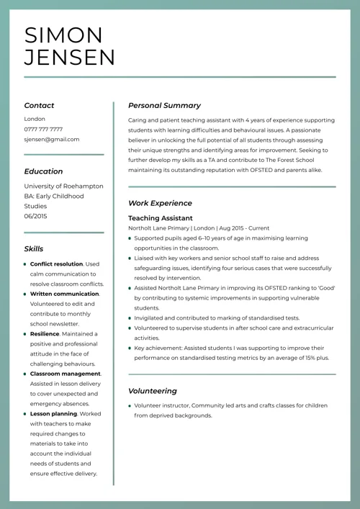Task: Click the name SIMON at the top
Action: [63, 35]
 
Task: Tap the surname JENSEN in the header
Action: [69, 57]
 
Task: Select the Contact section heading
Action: [39, 105]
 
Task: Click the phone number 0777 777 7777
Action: [43, 129]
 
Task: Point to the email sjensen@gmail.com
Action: [52, 139]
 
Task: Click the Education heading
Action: [43, 171]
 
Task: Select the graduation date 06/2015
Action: [35, 216]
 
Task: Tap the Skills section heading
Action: [33, 249]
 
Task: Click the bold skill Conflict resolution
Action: [57, 264]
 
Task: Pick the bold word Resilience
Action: [45, 334]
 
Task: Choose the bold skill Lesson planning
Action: [53, 414]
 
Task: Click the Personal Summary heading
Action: [164, 105]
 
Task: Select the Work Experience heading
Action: [160, 203]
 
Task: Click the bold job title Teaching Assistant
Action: [160, 217]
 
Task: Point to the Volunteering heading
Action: [152, 391]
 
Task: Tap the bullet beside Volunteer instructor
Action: [130, 406]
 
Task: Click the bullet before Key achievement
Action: [130, 348]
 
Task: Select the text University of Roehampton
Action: [63, 186]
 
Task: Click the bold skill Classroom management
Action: [66, 374]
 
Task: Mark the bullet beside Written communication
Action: [25, 294]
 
